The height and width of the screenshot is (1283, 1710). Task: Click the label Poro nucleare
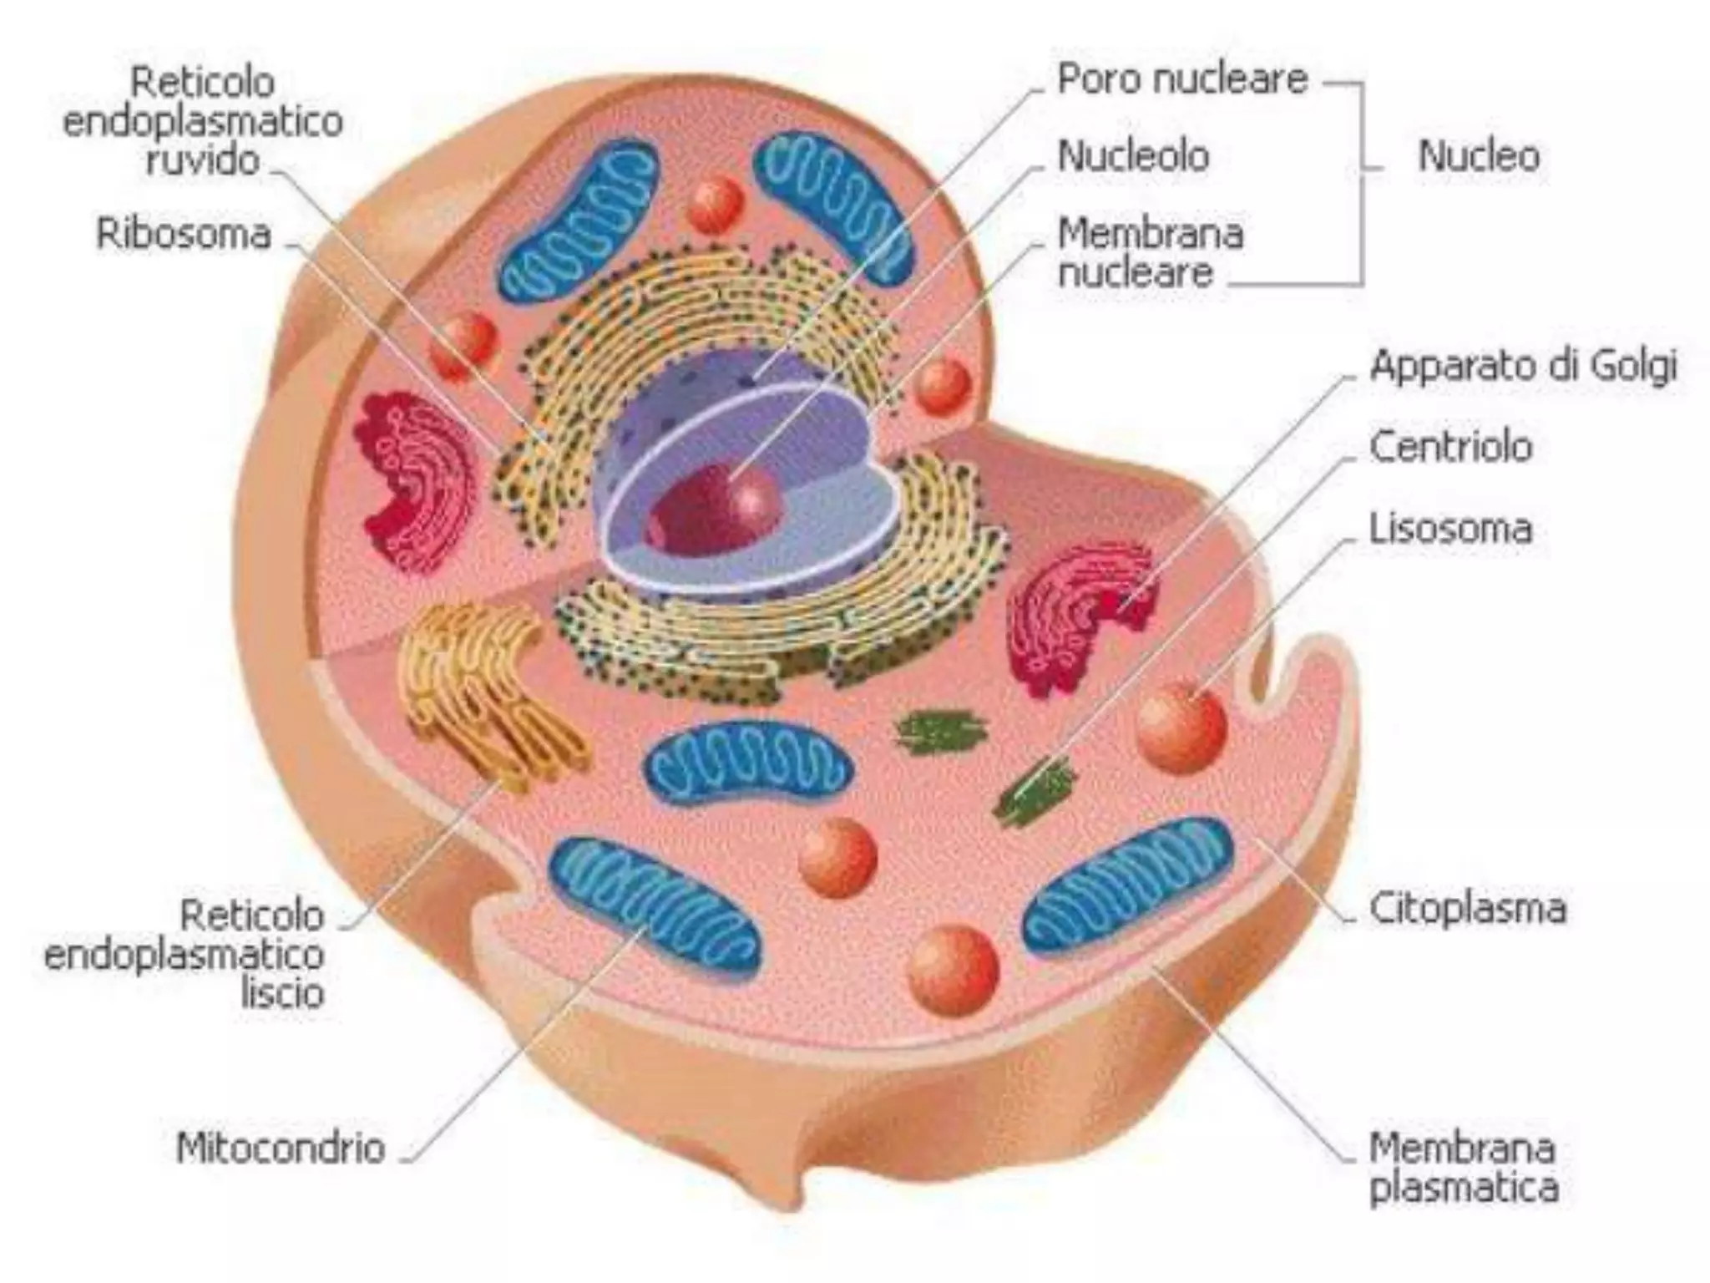click(x=1181, y=80)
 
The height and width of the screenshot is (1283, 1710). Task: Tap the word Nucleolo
click(x=1133, y=156)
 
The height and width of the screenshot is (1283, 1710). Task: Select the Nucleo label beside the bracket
click(x=1479, y=157)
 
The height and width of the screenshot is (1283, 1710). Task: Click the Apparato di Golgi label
click(x=1523, y=367)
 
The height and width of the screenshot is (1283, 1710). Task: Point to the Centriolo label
click(x=1450, y=447)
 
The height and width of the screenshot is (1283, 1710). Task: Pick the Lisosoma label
click(x=1450, y=529)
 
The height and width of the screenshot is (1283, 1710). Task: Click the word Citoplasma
click(x=1467, y=909)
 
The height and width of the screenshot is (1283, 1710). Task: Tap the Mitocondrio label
click(x=281, y=1148)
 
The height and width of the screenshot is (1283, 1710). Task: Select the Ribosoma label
click(x=184, y=234)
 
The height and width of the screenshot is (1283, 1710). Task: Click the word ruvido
click(x=203, y=160)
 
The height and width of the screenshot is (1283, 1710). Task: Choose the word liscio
click(x=282, y=994)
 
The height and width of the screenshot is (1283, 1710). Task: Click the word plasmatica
click(x=1464, y=1187)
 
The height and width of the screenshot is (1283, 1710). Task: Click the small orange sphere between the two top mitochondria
click(x=716, y=205)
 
